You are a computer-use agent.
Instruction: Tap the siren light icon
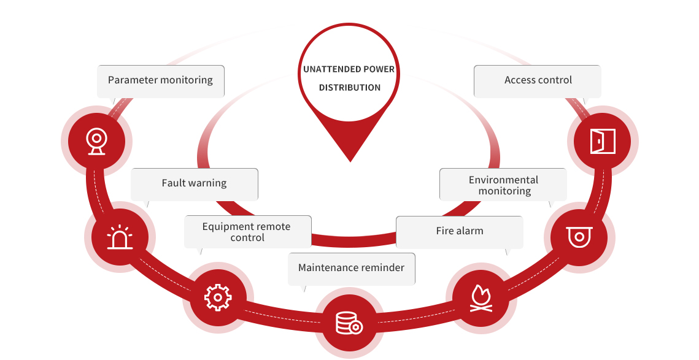(119, 237)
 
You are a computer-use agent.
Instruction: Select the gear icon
(218, 297)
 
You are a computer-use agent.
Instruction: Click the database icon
(349, 323)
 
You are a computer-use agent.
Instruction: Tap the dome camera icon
(579, 236)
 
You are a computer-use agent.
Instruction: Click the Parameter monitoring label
(160, 80)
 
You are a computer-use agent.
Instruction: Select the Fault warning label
(194, 183)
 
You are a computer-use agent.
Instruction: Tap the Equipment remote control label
(247, 232)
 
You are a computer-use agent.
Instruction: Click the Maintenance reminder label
(351, 268)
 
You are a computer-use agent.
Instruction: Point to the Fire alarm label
(460, 231)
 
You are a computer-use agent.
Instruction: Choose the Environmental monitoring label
(504, 185)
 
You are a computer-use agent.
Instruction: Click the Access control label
(538, 80)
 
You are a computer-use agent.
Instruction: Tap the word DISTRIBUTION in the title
(350, 88)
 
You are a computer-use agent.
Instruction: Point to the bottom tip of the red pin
(350, 161)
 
